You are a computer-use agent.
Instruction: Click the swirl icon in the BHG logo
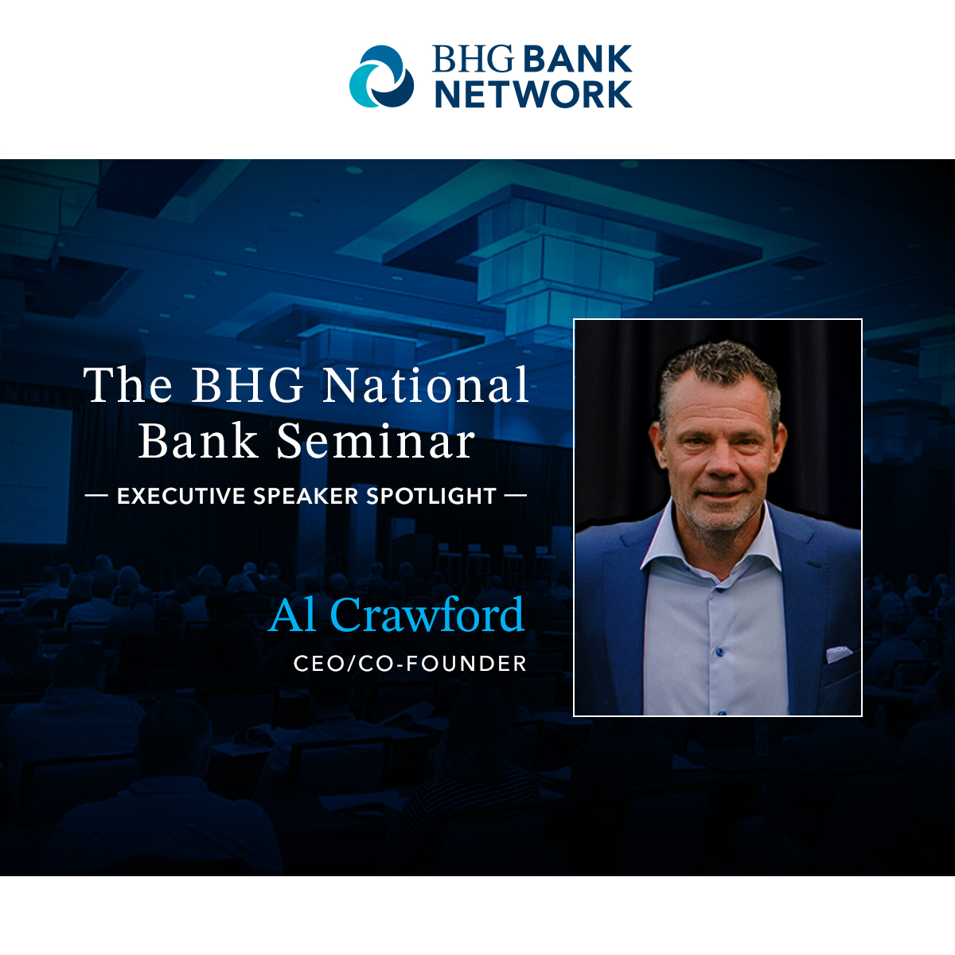382,76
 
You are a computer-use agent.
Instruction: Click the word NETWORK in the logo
533,94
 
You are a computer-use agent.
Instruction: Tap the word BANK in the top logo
577,59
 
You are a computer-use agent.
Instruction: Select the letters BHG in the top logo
474,59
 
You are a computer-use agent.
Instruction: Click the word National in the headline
426,385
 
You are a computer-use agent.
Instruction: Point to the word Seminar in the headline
375,441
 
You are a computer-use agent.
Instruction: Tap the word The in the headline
128,385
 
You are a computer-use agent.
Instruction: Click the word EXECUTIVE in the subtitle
181,496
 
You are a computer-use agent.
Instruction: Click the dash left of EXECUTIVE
96,495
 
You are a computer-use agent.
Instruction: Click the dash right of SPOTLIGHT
516,495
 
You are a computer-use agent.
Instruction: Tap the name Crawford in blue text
427,614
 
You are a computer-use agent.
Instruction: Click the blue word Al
292,614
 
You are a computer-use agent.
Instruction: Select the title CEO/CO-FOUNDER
410,664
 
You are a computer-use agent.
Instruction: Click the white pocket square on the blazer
838,653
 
